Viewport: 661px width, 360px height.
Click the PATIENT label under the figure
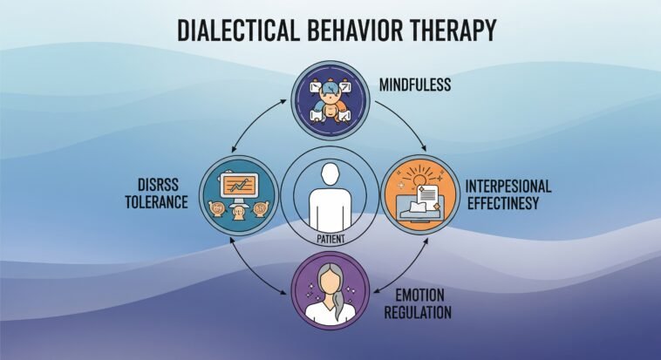point(330,237)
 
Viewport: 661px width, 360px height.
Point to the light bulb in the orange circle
point(426,178)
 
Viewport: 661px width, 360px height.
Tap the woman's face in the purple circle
point(330,282)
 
